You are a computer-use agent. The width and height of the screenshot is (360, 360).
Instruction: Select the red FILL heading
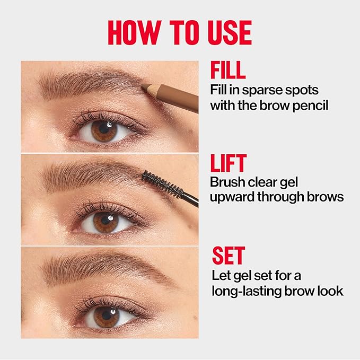[x=228, y=71]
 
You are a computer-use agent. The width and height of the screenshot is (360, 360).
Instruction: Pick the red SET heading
[x=228, y=256]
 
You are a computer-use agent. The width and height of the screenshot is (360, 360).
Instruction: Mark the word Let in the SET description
[x=219, y=275]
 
